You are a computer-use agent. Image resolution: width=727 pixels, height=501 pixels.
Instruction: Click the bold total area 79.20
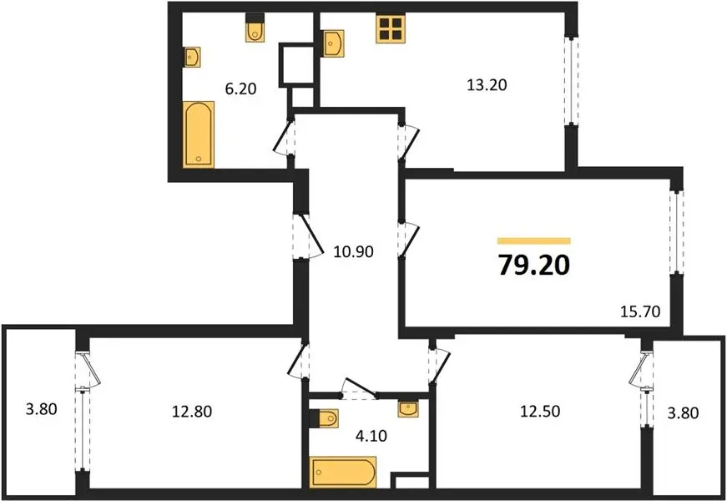click(534, 266)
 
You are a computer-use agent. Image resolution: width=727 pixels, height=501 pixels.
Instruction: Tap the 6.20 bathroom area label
click(240, 89)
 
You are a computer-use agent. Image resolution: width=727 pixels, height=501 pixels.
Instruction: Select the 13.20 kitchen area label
click(487, 85)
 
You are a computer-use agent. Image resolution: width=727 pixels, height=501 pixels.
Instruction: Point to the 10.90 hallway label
click(354, 251)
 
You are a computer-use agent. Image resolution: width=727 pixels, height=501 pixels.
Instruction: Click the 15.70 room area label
click(640, 311)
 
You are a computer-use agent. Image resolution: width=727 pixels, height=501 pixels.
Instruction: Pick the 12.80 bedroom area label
click(192, 411)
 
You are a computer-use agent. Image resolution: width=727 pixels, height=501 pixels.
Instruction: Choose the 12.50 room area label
click(540, 411)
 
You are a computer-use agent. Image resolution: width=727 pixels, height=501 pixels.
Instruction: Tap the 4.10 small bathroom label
click(371, 436)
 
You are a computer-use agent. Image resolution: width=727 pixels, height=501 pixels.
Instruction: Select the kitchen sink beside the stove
click(334, 43)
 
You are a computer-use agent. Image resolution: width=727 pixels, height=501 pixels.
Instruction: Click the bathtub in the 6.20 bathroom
click(199, 134)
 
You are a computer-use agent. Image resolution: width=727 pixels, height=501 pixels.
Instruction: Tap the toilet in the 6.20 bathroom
click(255, 27)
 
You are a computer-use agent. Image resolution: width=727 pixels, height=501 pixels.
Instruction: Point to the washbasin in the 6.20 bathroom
click(191, 57)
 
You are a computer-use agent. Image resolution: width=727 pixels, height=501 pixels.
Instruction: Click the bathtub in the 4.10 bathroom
click(343, 473)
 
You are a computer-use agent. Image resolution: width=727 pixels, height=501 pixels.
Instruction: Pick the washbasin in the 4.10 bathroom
click(408, 409)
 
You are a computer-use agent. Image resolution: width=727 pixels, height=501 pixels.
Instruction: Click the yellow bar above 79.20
click(534, 240)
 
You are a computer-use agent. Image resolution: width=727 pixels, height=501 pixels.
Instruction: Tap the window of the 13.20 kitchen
click(571, 81)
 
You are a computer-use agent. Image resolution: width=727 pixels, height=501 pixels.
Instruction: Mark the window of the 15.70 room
click(677, 232)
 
